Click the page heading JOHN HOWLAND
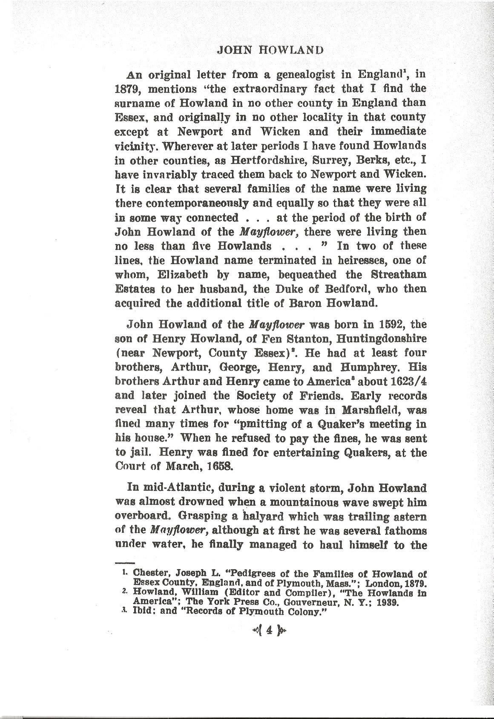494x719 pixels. (x=270, y=50)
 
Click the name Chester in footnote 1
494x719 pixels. (x=148, y=573)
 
